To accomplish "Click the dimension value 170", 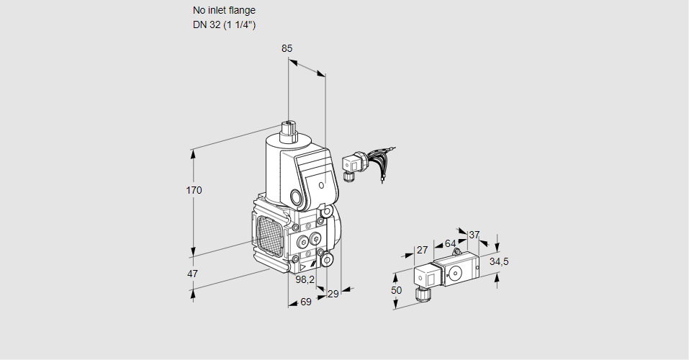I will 194,190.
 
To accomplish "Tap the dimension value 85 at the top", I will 287,48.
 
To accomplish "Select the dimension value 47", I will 192,274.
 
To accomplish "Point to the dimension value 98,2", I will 305,279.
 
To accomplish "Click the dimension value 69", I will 305,302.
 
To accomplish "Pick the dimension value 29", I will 333,294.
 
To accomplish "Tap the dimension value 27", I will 422,250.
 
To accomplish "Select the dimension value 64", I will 450,243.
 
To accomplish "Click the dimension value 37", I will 474,235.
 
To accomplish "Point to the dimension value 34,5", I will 499,261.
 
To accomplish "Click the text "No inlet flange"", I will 224,11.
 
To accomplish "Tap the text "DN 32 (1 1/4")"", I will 225,24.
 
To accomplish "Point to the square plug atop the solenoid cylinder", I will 289,130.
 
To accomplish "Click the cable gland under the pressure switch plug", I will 422,294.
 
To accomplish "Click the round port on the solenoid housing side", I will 296,197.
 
